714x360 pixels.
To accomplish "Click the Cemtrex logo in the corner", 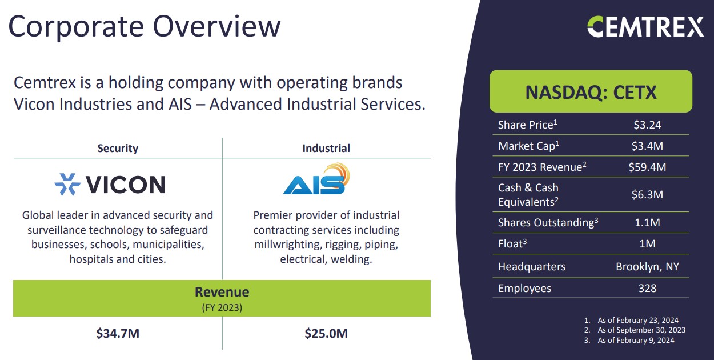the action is (x=645, y=27).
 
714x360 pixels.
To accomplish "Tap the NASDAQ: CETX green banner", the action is (x=591, y=91).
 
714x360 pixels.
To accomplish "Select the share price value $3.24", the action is (x=647, y=125).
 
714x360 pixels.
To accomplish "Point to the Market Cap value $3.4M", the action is (x=647, y=146).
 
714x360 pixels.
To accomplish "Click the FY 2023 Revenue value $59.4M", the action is (x=647, y=167).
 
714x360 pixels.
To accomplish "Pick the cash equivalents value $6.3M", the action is (x=647, y=194).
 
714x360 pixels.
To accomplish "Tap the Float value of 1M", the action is (x=647, y=243).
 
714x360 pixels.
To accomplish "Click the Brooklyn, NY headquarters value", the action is (x=647, y=267).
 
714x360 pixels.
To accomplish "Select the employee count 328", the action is (x=647, y=288).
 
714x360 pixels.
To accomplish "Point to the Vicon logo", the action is (x=110, y=185).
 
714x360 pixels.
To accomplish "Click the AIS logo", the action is (x=316, y=179).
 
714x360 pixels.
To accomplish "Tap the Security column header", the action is (x=118, y=148).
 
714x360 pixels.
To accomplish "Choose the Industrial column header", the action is (x=326, y=148).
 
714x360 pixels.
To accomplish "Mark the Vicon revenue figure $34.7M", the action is (x=118, y=334).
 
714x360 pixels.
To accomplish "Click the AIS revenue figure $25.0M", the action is (x=326, y=334).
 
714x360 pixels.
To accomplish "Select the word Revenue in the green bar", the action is (x=222, y=292).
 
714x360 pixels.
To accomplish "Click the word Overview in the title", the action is (x=216, y=26).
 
